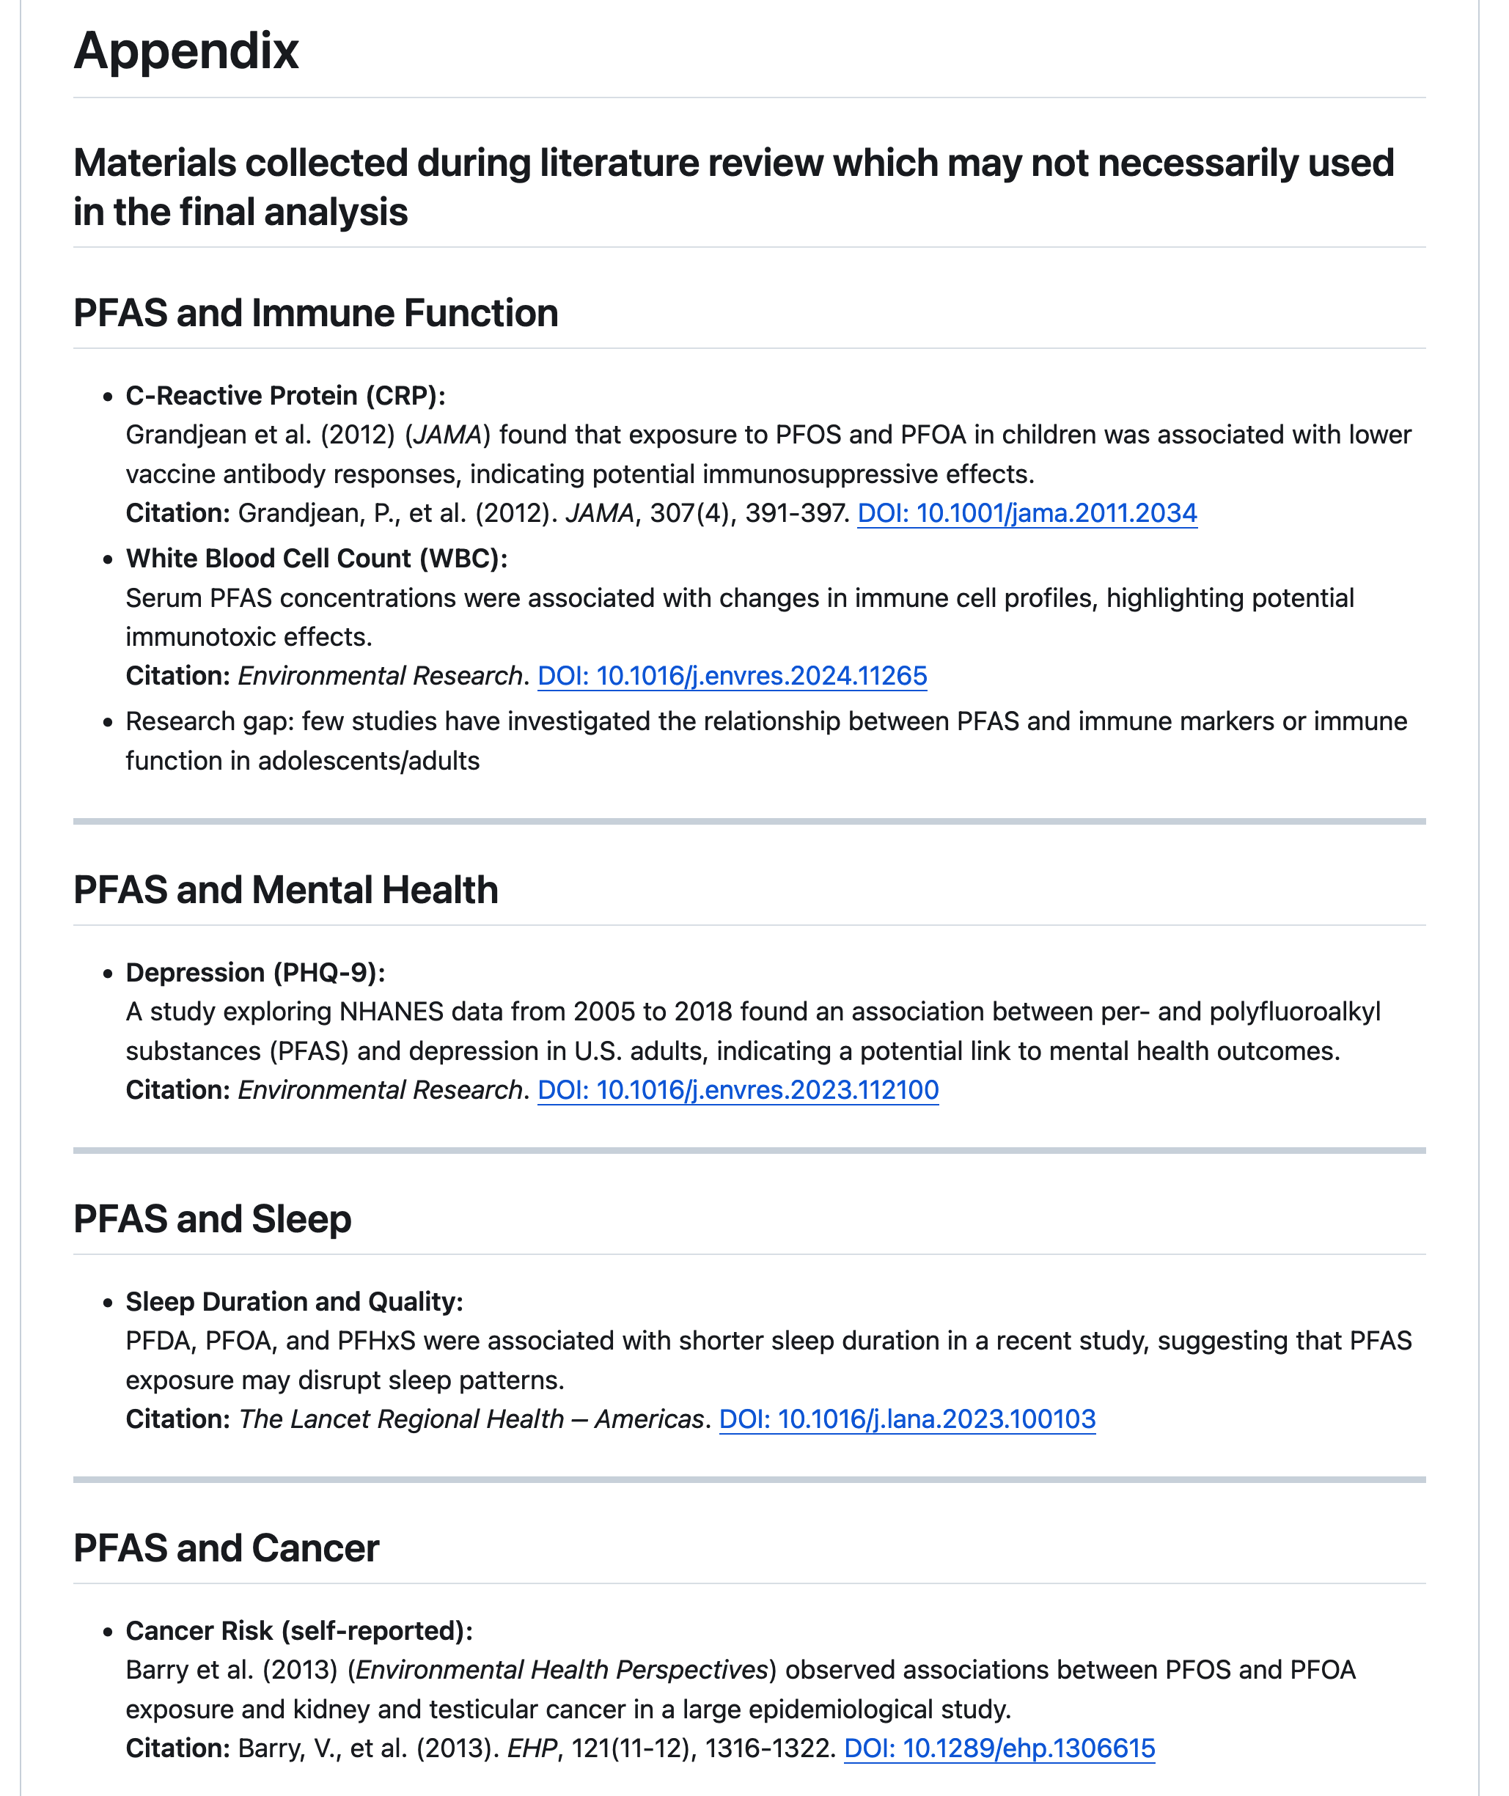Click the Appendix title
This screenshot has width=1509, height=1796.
click(x=186, y=51)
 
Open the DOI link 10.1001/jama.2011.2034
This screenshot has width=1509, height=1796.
click(x=1027, y=513)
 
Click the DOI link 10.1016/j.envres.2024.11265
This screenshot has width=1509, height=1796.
click(x=732, y=676)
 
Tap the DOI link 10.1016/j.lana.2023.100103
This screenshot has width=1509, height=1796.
click(x=907, y=1419)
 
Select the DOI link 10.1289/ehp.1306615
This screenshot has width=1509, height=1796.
click(x=999, y=1748)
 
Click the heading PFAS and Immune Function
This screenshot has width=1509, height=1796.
click(x=315, y=313)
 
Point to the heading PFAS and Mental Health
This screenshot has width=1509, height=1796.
click(x=286, y=889)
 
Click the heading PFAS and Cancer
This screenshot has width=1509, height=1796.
click(x=226, y=1548)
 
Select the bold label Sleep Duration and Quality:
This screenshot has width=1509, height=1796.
click(x=294, y=1302)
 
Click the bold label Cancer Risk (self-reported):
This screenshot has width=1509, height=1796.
click(x=298, y=1631)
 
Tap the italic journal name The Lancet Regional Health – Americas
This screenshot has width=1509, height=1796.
click(x=471, y=1419)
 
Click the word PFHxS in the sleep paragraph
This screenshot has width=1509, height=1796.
click(x=376, y=1340)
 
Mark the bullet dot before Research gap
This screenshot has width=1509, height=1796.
click(x=108, y=723)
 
